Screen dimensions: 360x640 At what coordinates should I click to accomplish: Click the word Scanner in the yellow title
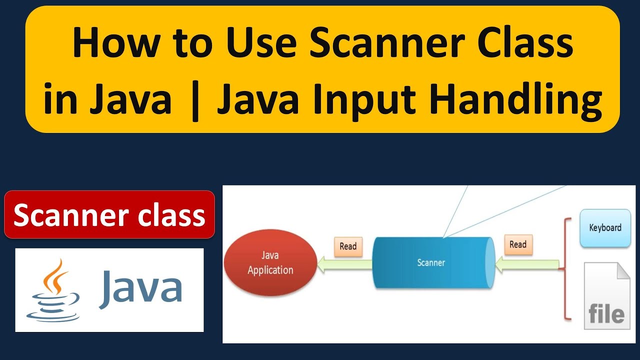pyautogui.click(x=387, y=43)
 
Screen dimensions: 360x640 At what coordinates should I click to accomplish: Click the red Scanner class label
pyautogui.click(x=109, y=215)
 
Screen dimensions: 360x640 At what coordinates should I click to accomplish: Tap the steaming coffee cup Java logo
pyautogui.click(x=53, y=290)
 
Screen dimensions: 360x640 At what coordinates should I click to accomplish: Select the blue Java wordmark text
pyautogui.click(x=140, y=287)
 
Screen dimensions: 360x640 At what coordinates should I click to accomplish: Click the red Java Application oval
pyautogui.click(x=270, y=263)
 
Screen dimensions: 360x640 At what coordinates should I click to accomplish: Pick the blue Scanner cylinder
pyautogui.click(x=431, y=262)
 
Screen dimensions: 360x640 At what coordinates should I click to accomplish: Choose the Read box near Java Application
pyautogui.click(x=348, y=246)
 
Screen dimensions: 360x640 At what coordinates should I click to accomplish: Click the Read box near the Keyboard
pyautogui.click(x=518, y=244)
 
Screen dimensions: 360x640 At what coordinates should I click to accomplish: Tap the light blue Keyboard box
pyautogui.click(x=605, y=228)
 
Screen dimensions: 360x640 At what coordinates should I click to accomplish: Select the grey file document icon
pyautogui.click(x=606, y=297)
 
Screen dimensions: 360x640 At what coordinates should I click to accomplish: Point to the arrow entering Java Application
pyautogui.click(x=345, y=265)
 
